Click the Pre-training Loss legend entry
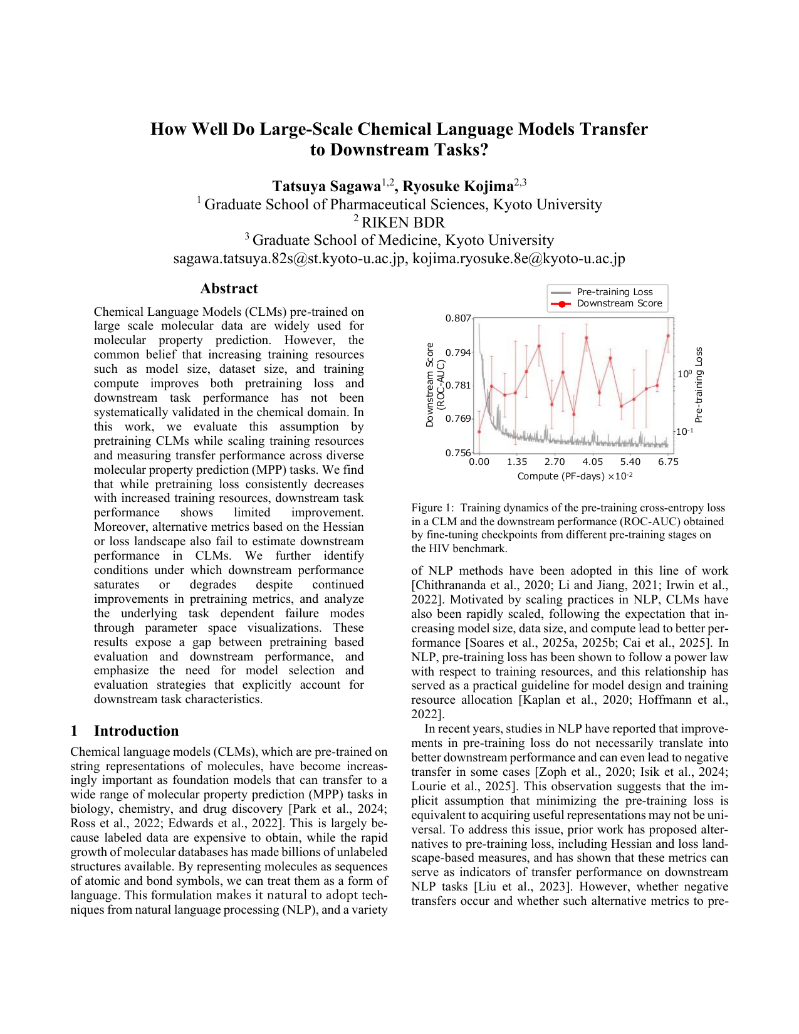tap(614, 292)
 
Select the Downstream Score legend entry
tap(619, 303)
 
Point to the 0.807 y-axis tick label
tap(458, 318)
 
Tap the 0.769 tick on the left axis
tap(458, 419)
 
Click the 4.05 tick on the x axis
tap(592, 462)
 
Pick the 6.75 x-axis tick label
tap(668, 462)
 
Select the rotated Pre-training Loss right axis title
tap(699, 385)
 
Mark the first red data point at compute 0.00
tap(479, 431)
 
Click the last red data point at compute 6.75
tap(668, 335)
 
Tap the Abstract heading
tap(229, 289)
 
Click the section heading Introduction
tap(136, 731)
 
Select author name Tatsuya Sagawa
tap(326, 187)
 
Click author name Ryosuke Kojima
tap(457, 187)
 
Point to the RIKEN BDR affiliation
tap(402, 223)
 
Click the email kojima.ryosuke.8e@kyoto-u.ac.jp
tap(518, 259)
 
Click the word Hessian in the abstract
tap(342, 527)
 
